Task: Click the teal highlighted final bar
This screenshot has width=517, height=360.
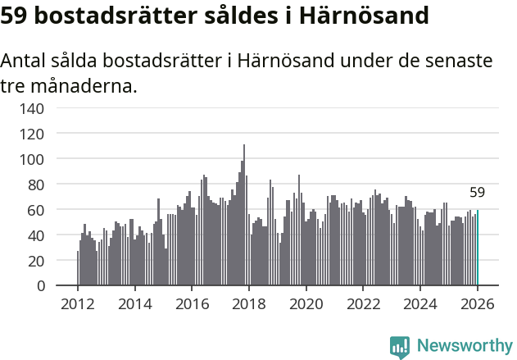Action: [x=478, y=248]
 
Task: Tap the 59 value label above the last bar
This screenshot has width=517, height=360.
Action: [x=478, y=193]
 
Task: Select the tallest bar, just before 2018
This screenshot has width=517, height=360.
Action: [x=244, y=216]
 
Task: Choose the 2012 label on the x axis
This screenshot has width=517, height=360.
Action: [x=78, y=303]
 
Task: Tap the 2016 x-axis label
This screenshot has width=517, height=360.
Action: [x=192, y=303]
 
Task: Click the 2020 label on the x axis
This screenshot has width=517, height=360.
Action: [x=306, y=303]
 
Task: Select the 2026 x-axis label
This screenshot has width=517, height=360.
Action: [x=477, y=303]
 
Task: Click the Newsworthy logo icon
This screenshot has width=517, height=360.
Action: [x=400, y=347]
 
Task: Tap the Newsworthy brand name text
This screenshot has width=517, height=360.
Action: [x=465, y=347]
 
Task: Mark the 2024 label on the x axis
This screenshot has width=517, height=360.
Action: [x=419, y=303]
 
